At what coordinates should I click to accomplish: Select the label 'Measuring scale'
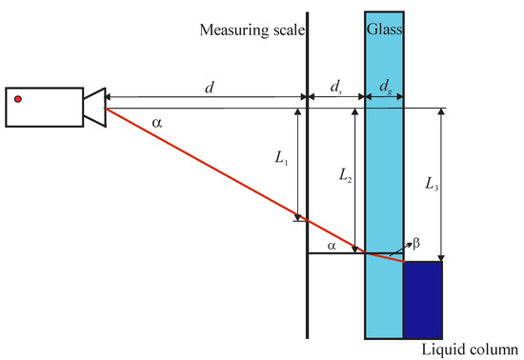[x=252, y=30]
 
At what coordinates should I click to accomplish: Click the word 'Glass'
[x=384, y=30]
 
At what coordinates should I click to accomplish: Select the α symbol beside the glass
[x=331, y=246]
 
